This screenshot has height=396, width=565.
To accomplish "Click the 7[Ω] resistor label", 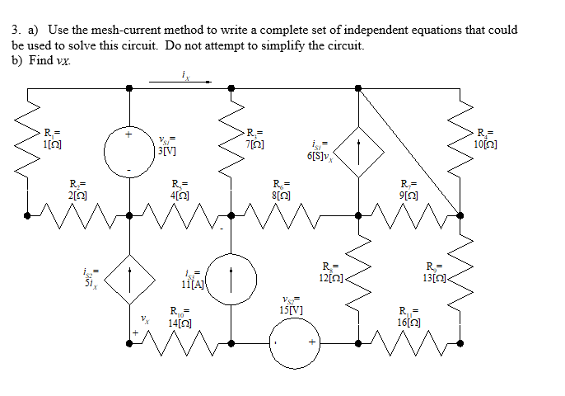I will click(254, 138).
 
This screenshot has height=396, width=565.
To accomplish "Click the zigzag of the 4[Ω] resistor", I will click(180, 216).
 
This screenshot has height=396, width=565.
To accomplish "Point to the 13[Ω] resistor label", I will click(435, 271).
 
